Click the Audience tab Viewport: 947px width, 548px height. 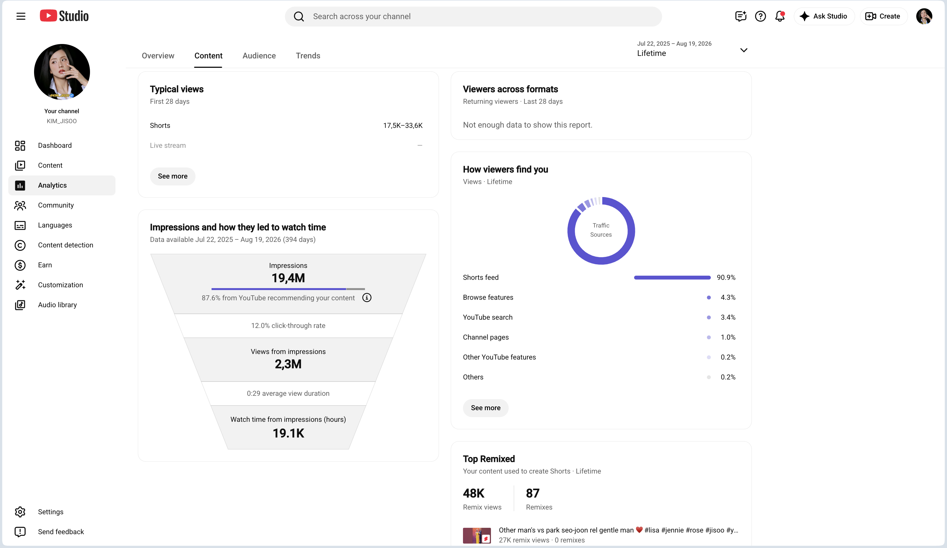pyautogui.click(x=259, y=56)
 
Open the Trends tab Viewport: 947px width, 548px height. pyautogui.click(x=308, y=56)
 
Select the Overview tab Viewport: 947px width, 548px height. pyautogui.click(x=158, y=56)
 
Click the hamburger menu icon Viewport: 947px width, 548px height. pyautogui.click(x=21, y=16)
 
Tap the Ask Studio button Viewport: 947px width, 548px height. pyautogui.click(x=824, y=16)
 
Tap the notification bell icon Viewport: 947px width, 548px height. pyautogui.click(x=780, y=16)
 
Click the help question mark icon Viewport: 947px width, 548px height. pyautogui.click(x=760, y=16)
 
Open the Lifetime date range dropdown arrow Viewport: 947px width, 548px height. pyautogui.click(x=743, y=50)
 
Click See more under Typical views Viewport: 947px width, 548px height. pyautogui.click(x=173, y=176)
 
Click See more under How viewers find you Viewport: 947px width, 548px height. pyautogui.click(x=485, y=408)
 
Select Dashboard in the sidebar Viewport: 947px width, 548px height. pyautogui.click(x=55, y=145)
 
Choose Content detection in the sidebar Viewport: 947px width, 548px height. pyautogui.click(x=65, y=245)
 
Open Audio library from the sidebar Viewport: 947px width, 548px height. pyautogui.click(x=57, y=305)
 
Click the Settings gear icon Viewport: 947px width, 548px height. pyautogui.click(x=20, y=511)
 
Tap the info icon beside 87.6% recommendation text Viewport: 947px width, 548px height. pyautogui.click(x=367, y=298)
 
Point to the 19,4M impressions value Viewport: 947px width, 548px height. pyautogui.click(x=288, y=278)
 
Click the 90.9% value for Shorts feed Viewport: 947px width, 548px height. pyautogui.click(x=726, y=277)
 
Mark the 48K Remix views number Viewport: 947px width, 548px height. pyautogui.click(x=473, y=493)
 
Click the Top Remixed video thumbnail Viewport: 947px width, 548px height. pyautogui.click(x=477, y=535)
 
